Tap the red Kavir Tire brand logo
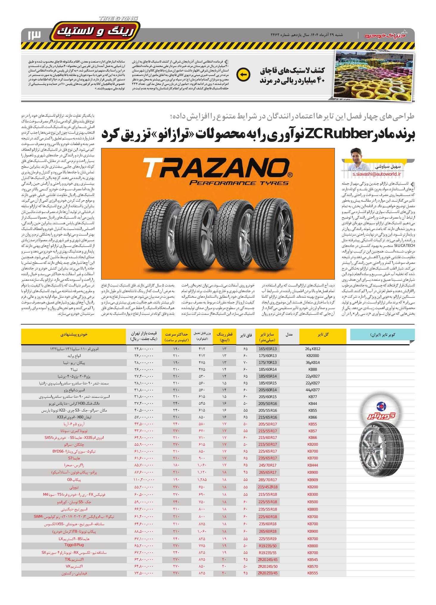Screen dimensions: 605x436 point(382,415)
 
